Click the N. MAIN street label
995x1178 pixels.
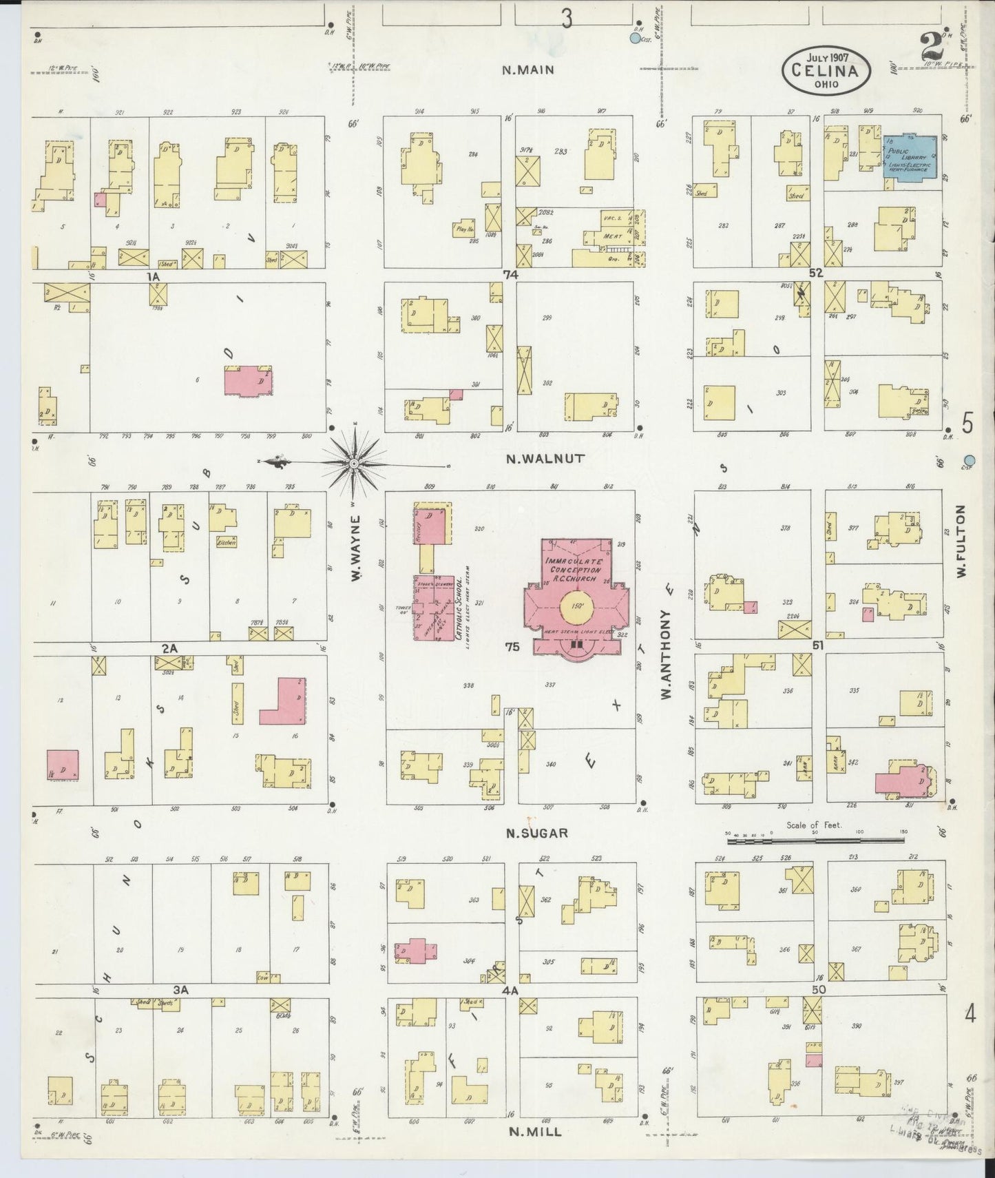(x=528, y=70)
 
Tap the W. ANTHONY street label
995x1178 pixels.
(x=666, y=654)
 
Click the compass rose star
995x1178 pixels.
(x=354, y=464)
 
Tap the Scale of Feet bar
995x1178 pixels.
(x=815, y=840)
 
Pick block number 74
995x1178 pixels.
(x=510, y=274)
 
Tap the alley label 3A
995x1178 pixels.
(x=180, y=990)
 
